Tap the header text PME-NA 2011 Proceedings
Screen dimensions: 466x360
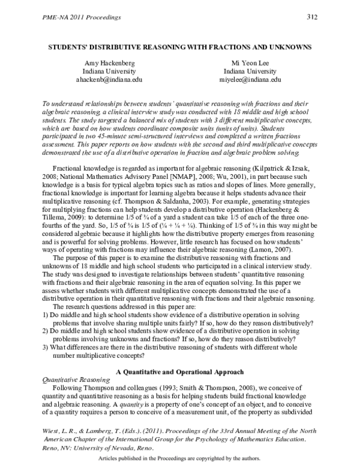[x=67, y=17]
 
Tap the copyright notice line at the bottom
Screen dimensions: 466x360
[x=179, y=458]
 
